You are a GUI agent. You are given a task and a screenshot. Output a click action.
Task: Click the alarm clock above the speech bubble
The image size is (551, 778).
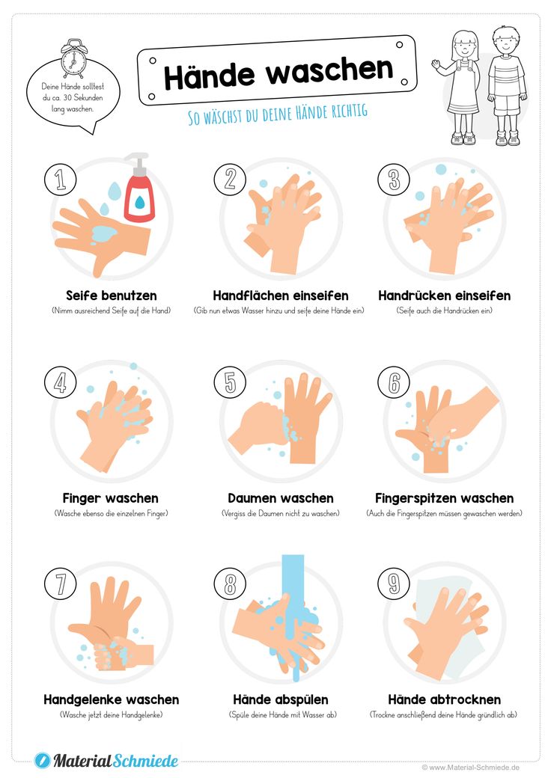[73, 59]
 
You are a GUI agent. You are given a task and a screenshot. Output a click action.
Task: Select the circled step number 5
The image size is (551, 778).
[230, 382]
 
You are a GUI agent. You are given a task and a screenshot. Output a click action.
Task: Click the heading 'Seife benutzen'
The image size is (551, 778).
[112, 295]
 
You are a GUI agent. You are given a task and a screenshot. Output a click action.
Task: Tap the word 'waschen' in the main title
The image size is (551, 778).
[330, 70]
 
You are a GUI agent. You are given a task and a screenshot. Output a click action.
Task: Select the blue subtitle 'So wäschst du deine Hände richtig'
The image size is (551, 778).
[278, 114]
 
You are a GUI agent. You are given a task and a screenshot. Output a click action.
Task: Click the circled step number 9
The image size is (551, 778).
[394, 583]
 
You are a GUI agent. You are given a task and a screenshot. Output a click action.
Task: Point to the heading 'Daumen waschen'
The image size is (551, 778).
[281, 498]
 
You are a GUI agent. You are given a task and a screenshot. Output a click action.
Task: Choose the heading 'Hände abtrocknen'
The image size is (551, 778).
[444, 699]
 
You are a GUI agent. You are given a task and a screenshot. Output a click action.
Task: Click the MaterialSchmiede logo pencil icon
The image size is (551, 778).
[43, 760]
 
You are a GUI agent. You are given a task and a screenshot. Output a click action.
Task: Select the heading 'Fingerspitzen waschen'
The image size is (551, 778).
[444, 498]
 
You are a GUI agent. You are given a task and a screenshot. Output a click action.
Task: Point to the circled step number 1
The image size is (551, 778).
[60, 179]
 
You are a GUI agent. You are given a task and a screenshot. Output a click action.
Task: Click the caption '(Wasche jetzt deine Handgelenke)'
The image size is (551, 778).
[112, 715]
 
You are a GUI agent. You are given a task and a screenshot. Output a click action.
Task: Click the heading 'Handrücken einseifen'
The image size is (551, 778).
[444, 295]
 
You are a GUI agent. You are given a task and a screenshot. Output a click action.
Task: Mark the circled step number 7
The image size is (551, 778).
[60, 583]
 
